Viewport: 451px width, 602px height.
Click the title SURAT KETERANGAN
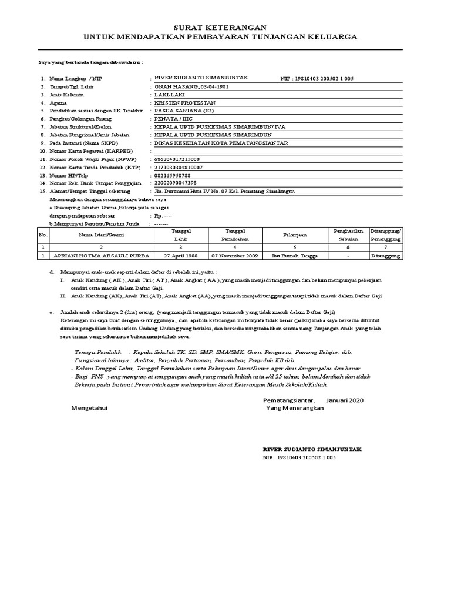coord(222,28)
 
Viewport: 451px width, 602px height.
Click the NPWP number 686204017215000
coord(176,159)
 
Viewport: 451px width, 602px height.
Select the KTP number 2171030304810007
coord(178,167)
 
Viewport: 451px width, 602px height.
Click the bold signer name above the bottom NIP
coord(312,449)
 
